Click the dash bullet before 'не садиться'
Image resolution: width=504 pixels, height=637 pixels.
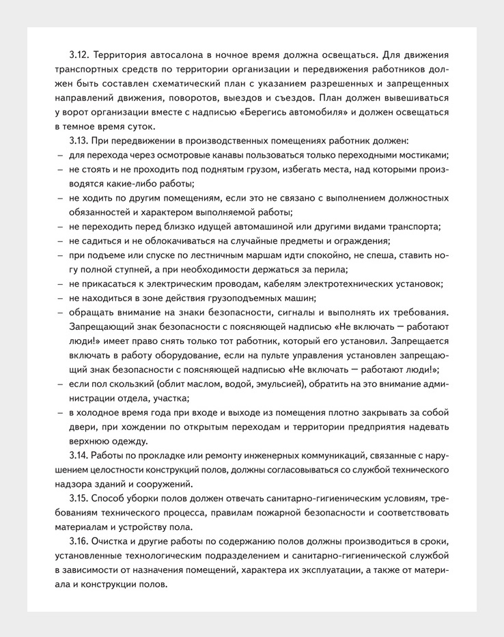[59, 241]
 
